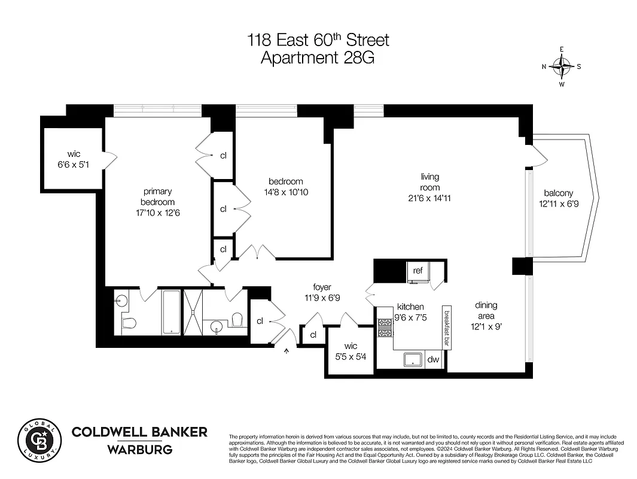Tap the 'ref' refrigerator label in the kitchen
418,271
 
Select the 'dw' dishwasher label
433,360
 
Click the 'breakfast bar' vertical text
446,328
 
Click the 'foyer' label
322,287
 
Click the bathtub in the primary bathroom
171,312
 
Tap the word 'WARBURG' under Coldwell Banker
139,450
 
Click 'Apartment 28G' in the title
318,57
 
